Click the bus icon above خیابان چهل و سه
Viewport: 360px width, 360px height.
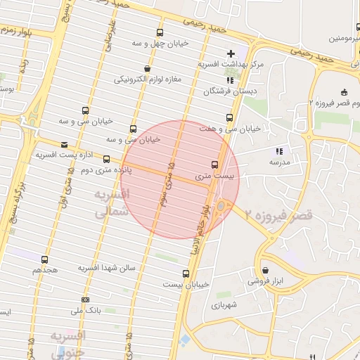[160, 32]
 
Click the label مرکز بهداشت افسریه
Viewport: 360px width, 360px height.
[230, 64]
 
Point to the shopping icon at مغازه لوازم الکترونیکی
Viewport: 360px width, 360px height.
[146, 68]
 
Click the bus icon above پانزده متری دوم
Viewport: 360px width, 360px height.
[106, 160]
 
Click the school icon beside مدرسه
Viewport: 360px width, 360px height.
[279, 151]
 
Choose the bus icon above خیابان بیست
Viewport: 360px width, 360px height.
[186, 274]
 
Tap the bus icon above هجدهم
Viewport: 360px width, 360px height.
[45, 259]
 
